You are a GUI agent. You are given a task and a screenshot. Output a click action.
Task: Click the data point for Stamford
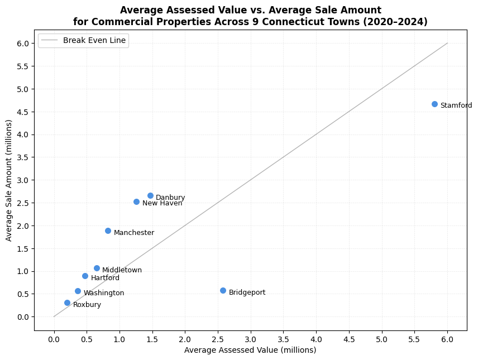point(434,104)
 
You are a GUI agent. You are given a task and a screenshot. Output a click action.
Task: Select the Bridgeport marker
point(223,290)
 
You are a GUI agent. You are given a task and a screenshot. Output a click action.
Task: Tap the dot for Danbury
point(150,195)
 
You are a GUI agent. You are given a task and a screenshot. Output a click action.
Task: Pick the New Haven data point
point(136,201)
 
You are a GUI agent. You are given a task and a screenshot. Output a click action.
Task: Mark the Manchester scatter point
point(108,231)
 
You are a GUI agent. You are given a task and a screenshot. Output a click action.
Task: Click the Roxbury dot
point(67,303)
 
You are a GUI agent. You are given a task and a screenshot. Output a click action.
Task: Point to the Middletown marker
point(97,268)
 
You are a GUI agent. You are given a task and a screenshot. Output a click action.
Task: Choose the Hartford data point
point(85,276)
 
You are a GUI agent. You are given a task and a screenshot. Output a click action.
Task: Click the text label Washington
point(104,293)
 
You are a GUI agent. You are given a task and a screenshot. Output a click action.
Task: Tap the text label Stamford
point(456,105)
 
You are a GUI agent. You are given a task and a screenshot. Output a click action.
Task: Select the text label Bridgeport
point(247,292)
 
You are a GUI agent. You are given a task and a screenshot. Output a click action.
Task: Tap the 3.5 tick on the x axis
point(283,338)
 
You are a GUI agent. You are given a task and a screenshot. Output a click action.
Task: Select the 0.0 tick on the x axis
point(54,338)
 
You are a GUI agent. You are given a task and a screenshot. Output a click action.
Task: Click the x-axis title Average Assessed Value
point(250,350)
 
